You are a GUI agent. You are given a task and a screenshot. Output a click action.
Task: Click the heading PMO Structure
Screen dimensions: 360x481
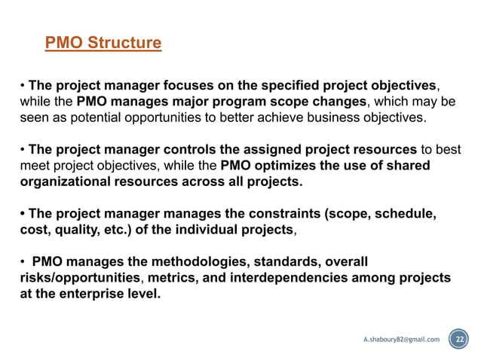(103, 43)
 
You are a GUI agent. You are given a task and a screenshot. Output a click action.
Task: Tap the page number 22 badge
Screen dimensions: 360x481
(458, 339)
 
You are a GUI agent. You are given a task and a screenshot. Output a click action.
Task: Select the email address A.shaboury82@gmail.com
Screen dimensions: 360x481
(401, 340)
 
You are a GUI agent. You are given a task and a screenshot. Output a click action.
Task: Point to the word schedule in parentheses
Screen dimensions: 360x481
(400, 214)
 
